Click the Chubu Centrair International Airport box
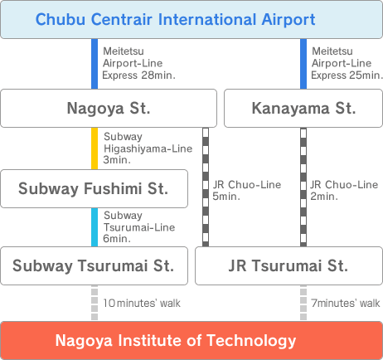tap(191, 19)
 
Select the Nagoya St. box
tap(109, 108)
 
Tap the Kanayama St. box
tap(303, 108)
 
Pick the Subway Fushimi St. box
tap(95, 188)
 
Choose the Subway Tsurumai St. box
tap(95, 265)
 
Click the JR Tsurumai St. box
tap(288, 265)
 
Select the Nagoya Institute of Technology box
tap(191, 340)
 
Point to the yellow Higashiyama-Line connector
tap(95, 148)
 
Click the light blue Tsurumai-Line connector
tap(95, 227)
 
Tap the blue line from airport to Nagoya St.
tap(95, 64)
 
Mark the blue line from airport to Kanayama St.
tap(303, 64)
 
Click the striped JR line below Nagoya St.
tap(206, 187)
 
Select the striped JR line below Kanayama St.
tap(303, 187)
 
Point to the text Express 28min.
tap(138, 75)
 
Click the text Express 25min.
tap(347, 75)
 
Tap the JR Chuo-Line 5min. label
tap(247, 191)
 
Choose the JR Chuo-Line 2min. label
tap(344, 191)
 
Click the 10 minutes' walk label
tap(142, 304)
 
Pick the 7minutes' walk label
tap(346, 304)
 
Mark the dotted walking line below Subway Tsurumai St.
tap(95, 303)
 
